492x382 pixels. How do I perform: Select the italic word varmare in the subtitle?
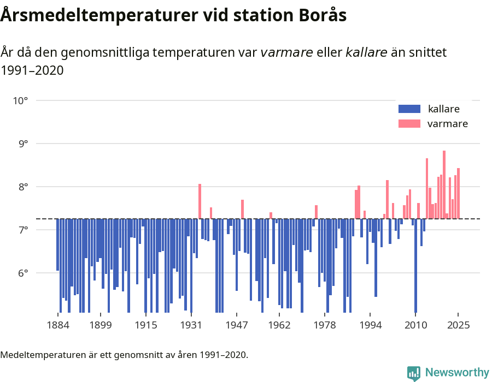point(286,52)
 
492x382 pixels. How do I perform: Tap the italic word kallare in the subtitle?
point(366,52)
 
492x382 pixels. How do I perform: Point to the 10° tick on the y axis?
point(21,100)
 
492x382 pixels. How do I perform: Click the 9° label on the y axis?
point(23,144)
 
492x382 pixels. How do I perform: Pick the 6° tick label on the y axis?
point(23,273)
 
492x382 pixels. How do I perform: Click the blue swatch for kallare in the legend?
point(409,109)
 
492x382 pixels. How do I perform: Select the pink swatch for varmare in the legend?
point(409,124)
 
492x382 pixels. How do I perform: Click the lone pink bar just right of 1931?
point(200,201)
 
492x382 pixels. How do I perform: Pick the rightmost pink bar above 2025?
point(458,193)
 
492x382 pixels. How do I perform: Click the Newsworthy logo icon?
point(414,373)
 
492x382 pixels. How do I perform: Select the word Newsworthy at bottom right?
point(456,373)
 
